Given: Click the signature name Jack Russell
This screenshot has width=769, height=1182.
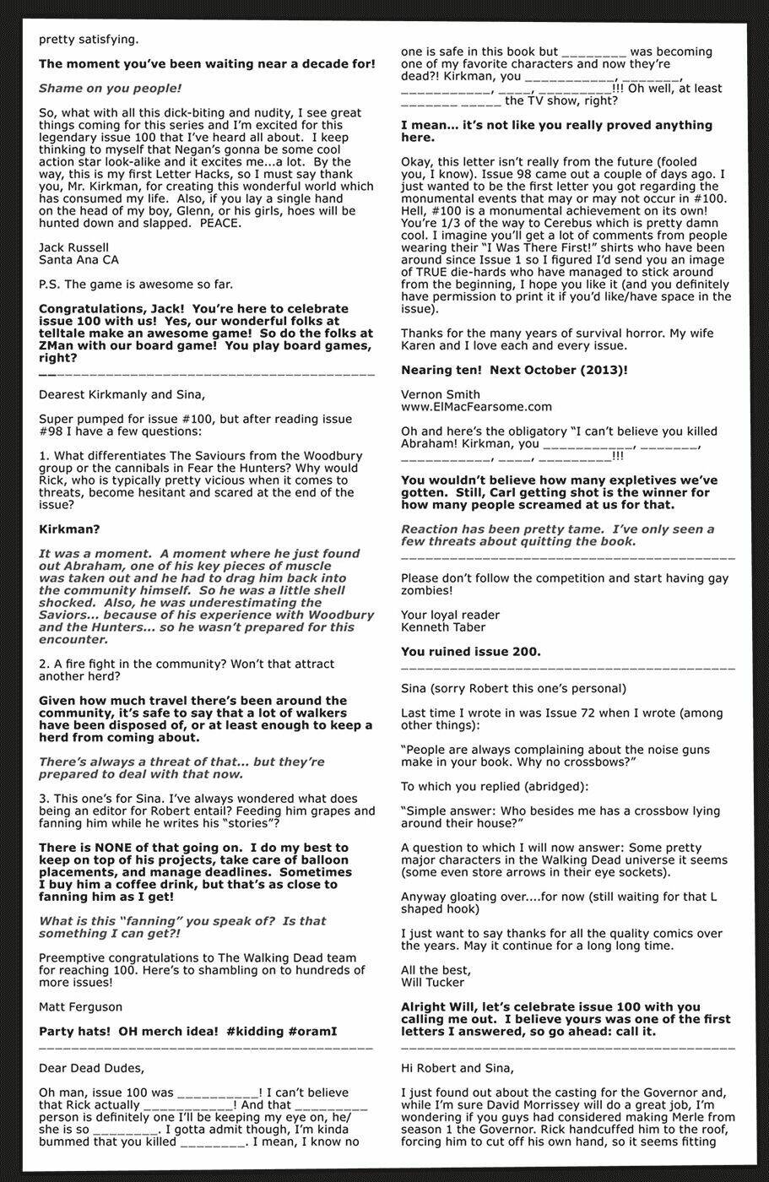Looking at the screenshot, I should click(x=73, y=247).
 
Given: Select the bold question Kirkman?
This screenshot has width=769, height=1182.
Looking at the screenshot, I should click(x=69, y=529).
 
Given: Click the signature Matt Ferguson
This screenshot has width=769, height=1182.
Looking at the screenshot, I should click(x=80, y=1006).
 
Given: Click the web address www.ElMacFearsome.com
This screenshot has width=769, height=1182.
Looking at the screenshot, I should click(x=476, y=407).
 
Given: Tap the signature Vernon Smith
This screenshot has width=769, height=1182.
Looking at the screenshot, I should click(x=440, y=394).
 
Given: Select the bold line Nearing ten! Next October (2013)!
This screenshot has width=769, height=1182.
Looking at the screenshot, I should click(x=514, y=370).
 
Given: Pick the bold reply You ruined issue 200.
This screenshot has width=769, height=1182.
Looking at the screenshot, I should click(x=470, y=652).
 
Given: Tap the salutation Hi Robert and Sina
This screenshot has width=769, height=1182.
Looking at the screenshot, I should click(x=457, y=1068).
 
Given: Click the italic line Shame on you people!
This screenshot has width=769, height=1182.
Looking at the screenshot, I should click(x=110, y=88).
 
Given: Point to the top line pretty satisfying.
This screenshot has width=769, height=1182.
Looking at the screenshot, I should click(x=89, y=39).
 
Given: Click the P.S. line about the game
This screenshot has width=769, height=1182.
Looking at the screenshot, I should click(x=135, y=285).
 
